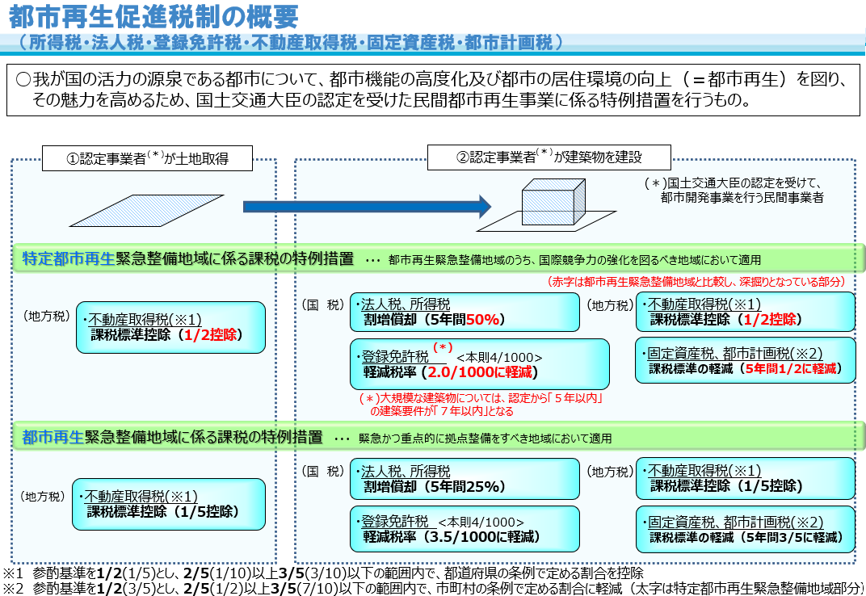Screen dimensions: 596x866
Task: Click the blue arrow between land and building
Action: [367, 207]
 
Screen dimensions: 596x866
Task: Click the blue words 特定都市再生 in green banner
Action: [69, 259]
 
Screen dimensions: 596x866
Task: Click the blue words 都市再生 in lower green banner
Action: [53, 438]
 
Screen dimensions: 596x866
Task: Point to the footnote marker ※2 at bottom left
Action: [15, 588]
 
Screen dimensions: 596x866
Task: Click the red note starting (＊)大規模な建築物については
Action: [481, 405]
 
